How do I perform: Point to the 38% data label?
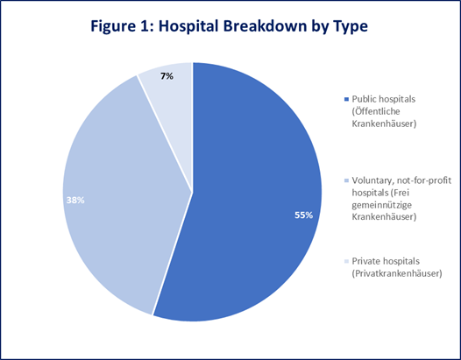coord(74,200)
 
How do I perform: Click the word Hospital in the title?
coord(195,27)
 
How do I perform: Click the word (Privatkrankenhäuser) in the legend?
coord(392,274)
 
